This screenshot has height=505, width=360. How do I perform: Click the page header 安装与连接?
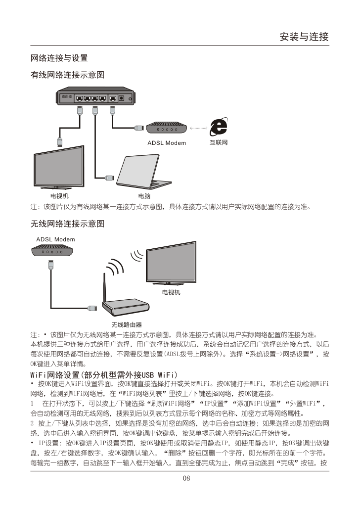point(304,37)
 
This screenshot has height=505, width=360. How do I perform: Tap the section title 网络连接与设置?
point(59,58)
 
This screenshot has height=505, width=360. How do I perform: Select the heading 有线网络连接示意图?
point(67,75)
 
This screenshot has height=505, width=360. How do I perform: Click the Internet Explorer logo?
point(219,127)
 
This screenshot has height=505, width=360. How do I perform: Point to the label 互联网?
point(219,142)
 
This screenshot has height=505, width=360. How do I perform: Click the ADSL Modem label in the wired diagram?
point(167,143)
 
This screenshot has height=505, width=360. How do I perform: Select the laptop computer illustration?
point(143,172)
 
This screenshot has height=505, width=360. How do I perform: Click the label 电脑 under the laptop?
point(144,196)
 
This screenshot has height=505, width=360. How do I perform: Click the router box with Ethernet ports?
point(96,96)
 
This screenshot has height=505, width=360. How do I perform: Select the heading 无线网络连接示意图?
point(67,224)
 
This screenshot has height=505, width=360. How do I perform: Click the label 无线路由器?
point(127,324)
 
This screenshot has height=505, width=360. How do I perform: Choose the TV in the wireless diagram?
point(171,263)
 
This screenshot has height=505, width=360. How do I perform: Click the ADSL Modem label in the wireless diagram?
point(55,239)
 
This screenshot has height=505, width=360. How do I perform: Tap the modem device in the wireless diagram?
point(52,251)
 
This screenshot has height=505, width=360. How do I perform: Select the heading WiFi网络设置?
point(104,375)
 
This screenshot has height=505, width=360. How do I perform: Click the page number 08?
point(186,478)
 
